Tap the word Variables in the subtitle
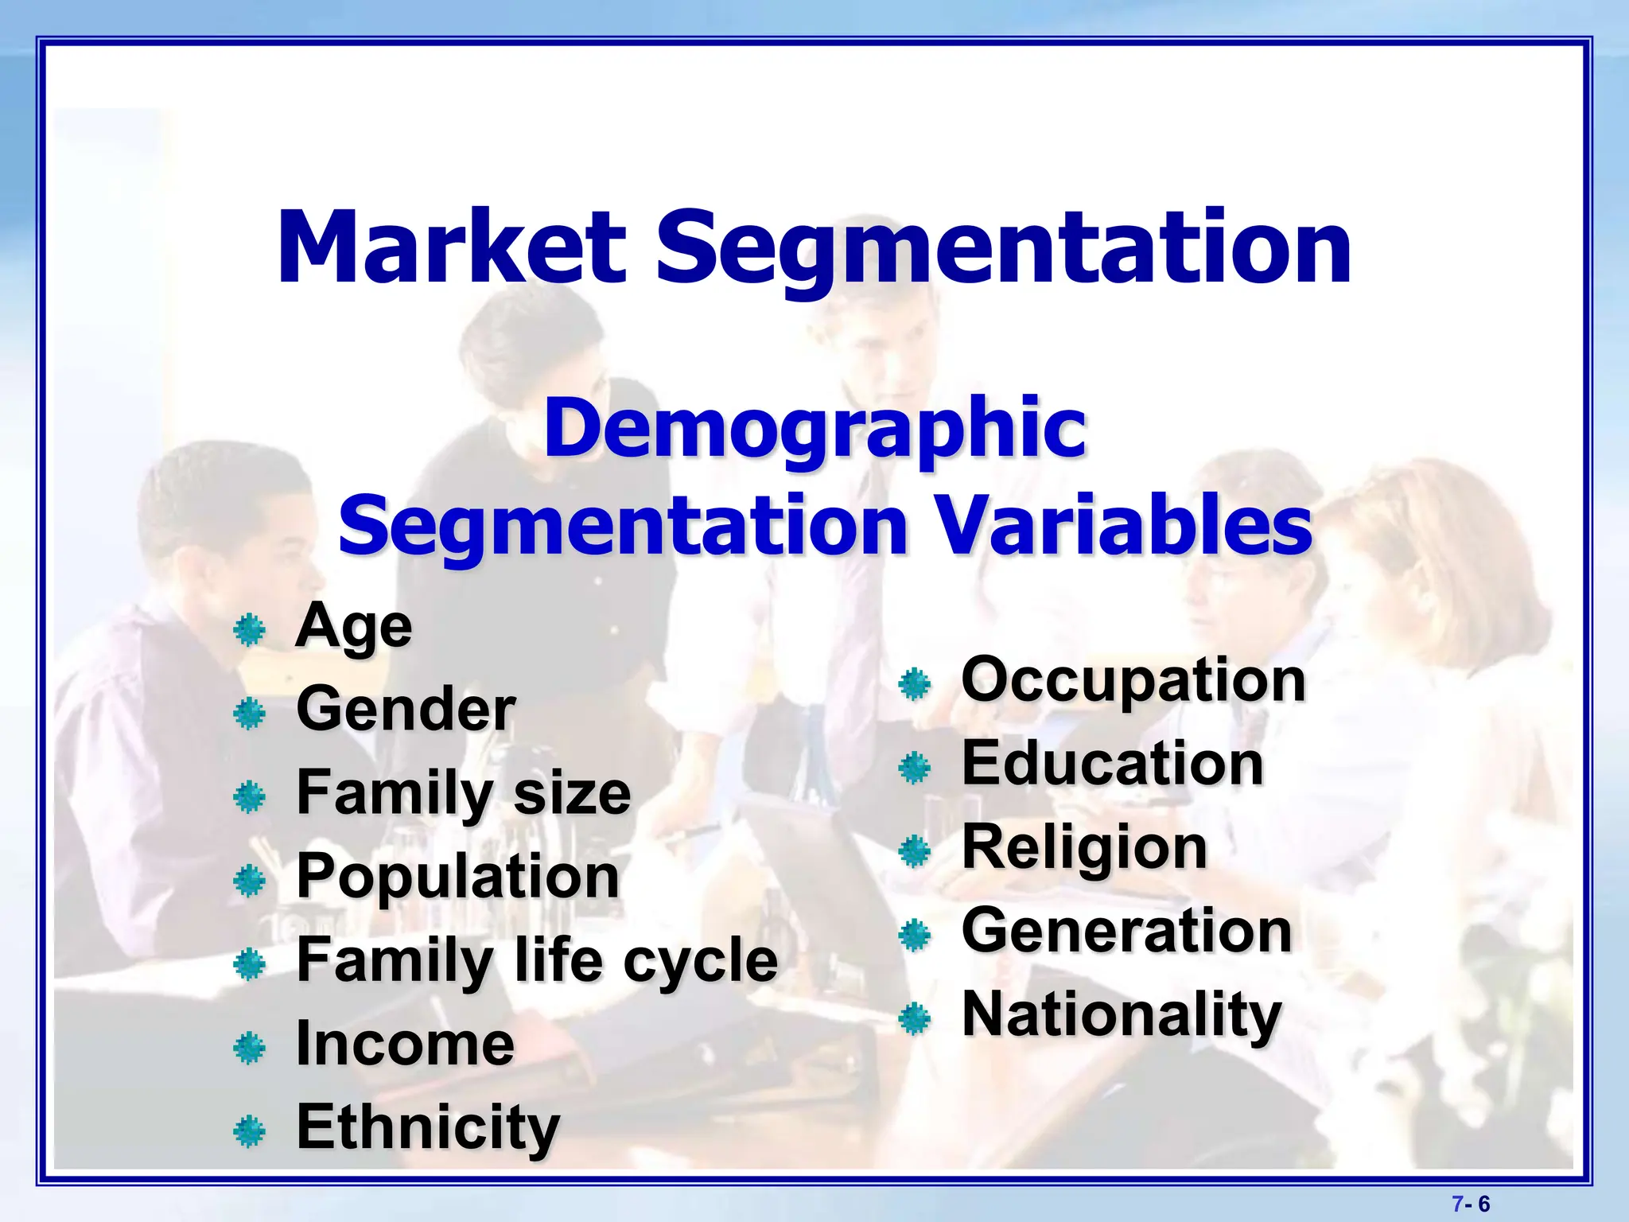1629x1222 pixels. (1122, 525)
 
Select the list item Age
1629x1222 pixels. (354, 626)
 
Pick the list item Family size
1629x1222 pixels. (464, 793)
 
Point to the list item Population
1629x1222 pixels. (457, 877)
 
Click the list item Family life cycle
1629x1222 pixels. (537, 960)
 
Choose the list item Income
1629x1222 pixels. (405, 1044)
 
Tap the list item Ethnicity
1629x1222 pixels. (428, 1127)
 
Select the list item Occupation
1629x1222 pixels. (1133, 680)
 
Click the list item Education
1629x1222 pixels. (1113, 764)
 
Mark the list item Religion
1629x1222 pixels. (1085, 848)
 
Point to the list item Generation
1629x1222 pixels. (1126, 931)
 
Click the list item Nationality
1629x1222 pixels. (1122, 1015)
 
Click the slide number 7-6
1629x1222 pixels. (1471, 1204)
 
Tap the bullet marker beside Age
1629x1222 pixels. (249, 631)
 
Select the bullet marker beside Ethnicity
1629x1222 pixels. (249, 1131)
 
